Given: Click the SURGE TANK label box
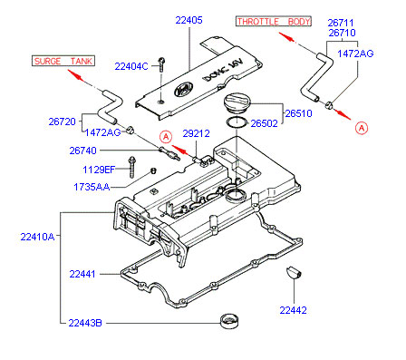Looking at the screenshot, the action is pos(63,61).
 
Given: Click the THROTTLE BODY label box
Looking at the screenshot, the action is pos(274,22).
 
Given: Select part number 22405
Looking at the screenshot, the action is pos(189,20).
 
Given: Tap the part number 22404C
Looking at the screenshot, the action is pos(131,66).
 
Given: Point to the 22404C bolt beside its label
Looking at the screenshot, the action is pos(161,64).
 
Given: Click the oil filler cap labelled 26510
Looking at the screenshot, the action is pos(237,104).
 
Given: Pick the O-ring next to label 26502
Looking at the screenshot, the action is pos(237,122).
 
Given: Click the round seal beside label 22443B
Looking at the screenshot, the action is pos(229,321).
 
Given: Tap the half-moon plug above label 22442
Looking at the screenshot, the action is pos(294,271).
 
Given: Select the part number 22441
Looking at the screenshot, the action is pos(82,274).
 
